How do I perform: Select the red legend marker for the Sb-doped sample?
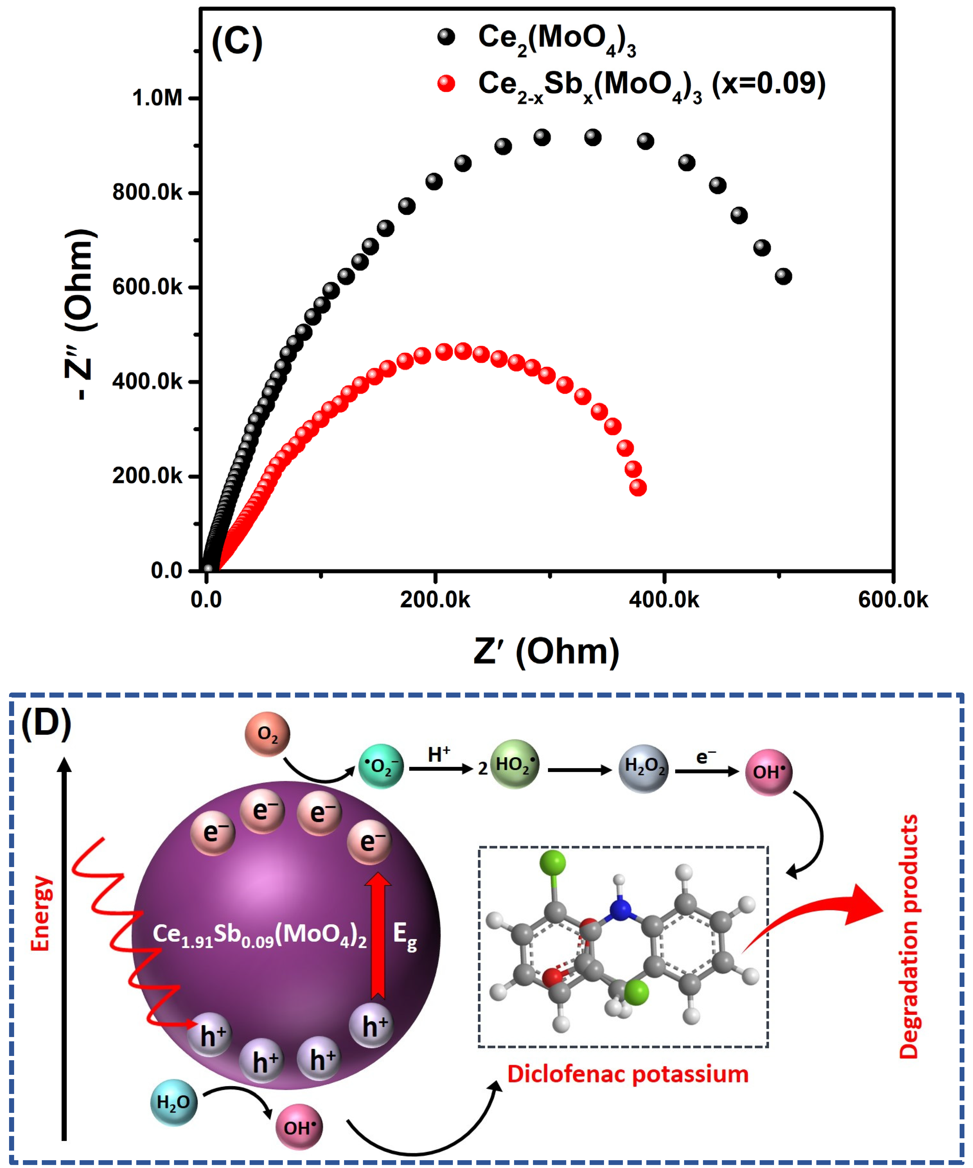click(x=446, y=83)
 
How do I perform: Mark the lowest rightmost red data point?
click(x=638, y=488)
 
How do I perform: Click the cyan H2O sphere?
click(x=174, y=1102)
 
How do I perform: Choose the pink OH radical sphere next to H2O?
click(x=299, y=1127)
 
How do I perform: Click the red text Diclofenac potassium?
click(x=627, y=1074)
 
